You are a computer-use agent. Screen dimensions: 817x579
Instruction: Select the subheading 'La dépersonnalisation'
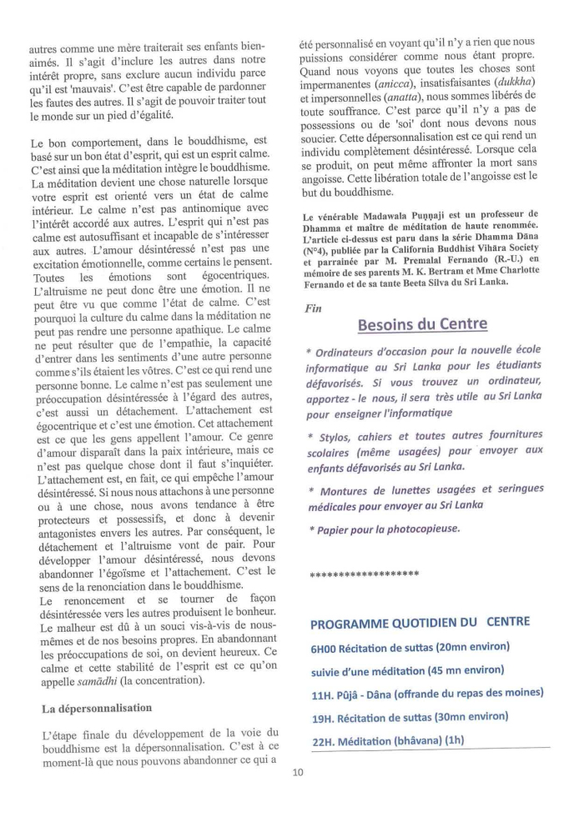pos(98,708)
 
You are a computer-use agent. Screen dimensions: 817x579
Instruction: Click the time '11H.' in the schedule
pos(322,693)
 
